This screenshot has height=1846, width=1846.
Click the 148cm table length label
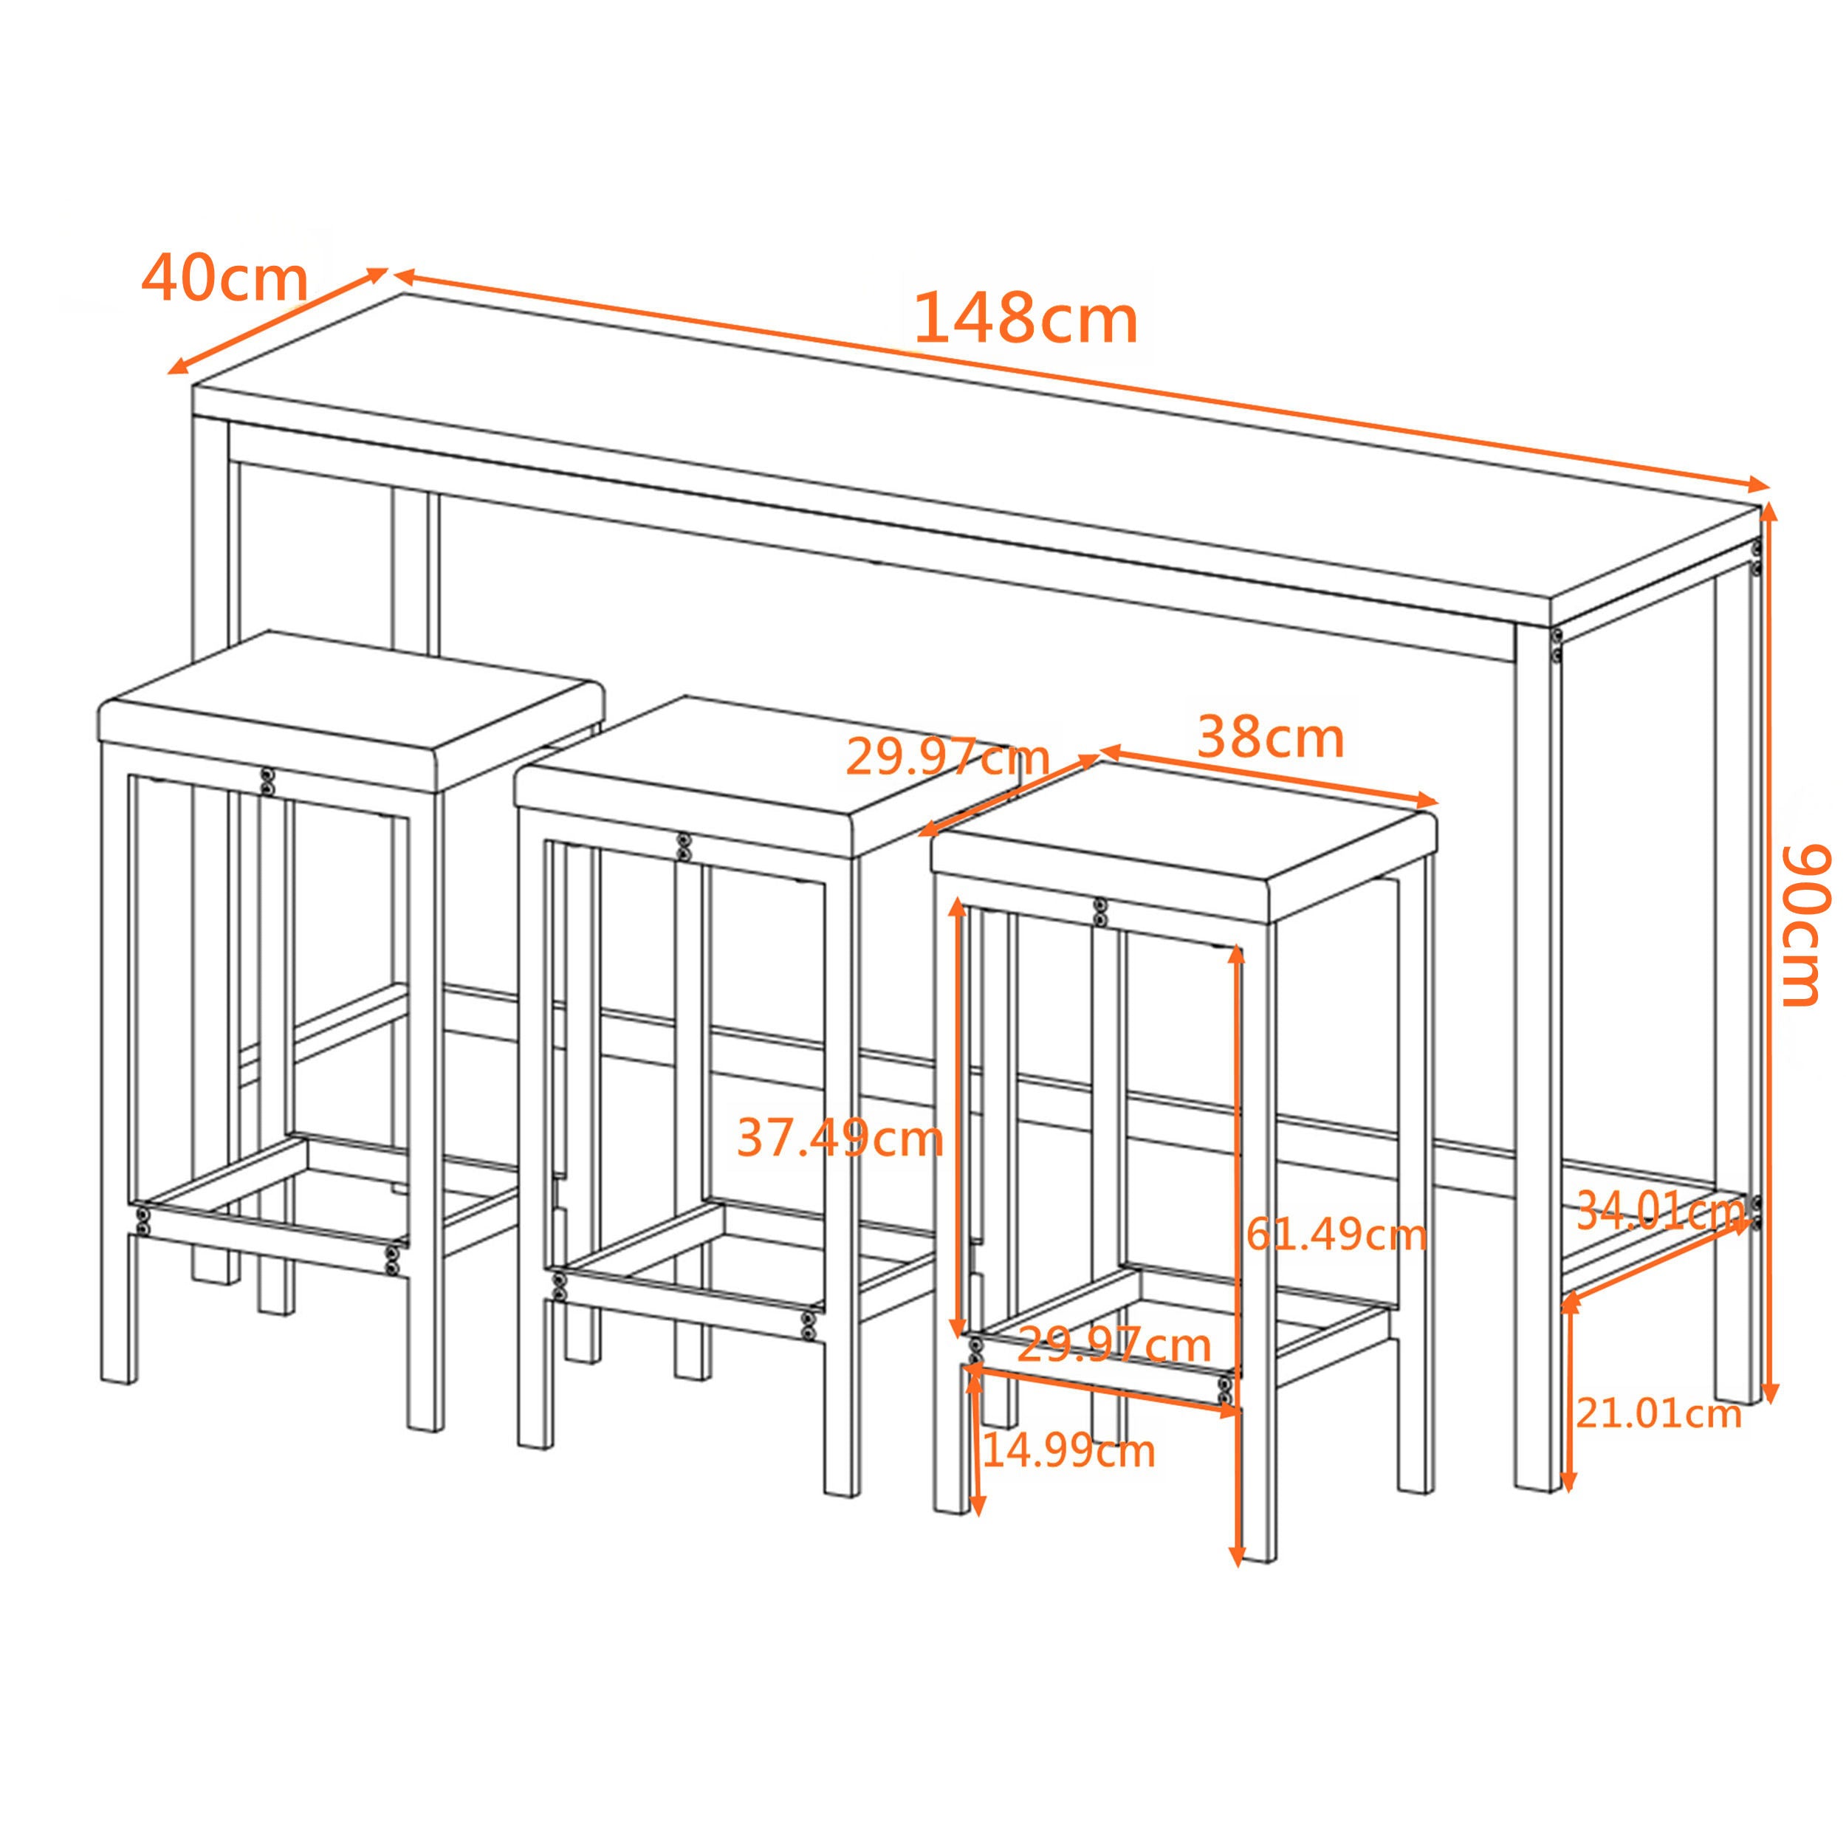(1025, 319)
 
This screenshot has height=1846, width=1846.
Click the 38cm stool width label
(1270, 738)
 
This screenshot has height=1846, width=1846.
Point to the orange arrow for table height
(1769, 955)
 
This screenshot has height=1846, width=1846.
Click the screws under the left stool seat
(269, 780)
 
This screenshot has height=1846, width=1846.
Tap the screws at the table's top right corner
(1756, 556)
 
